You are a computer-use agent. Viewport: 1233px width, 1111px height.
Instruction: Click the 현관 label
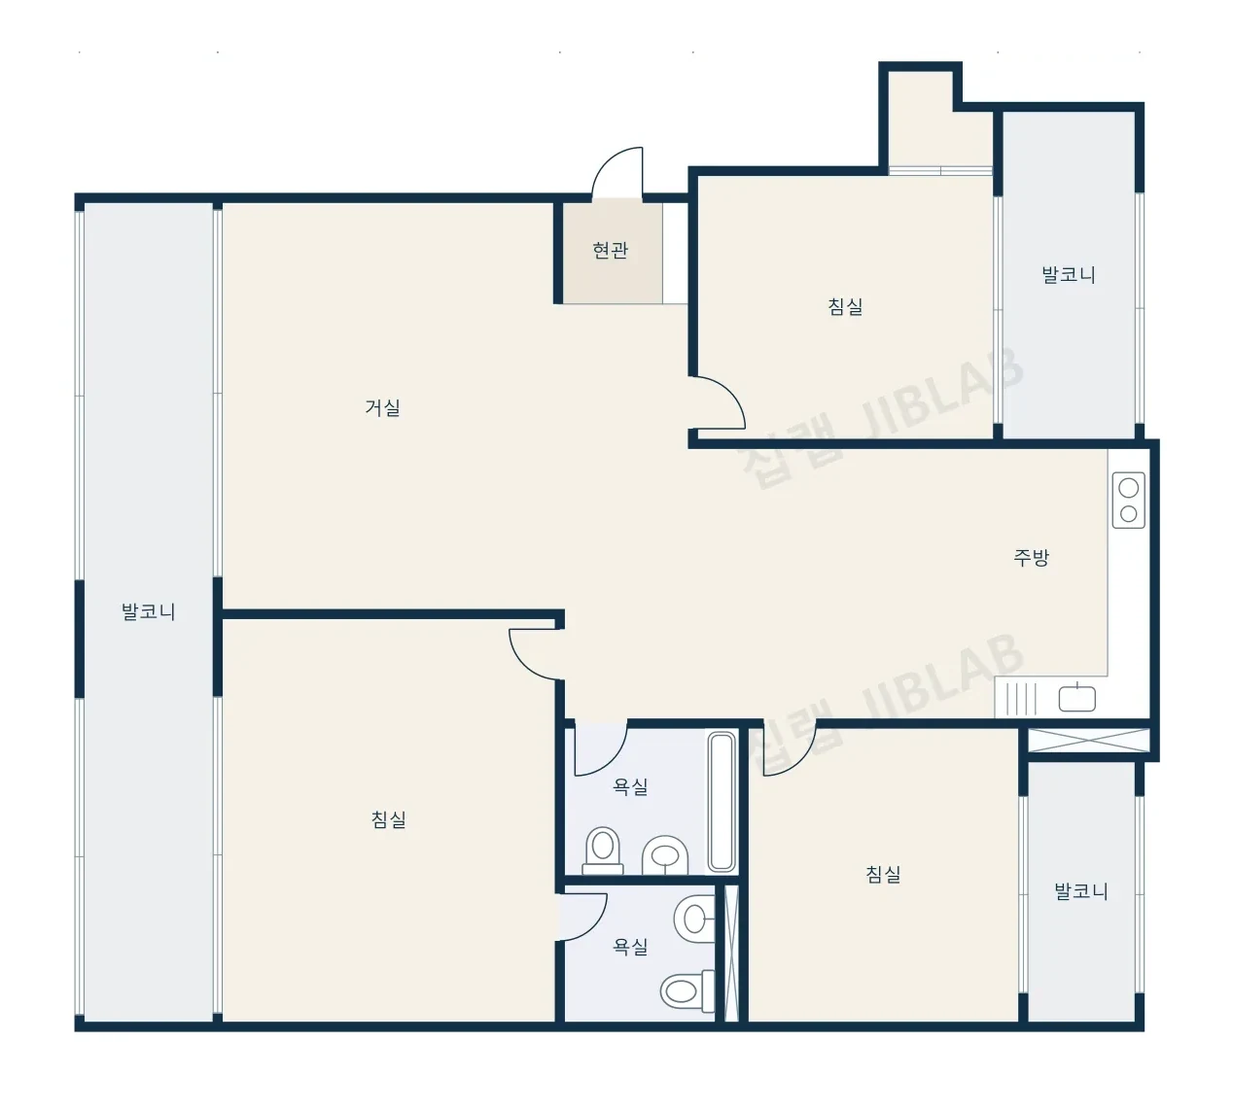610,250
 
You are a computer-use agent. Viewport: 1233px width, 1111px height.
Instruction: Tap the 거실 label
382,407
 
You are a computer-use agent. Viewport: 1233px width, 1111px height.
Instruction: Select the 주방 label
1031,557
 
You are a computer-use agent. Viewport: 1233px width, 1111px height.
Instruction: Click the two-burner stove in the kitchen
1129,501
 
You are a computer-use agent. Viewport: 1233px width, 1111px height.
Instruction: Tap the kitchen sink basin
1076,699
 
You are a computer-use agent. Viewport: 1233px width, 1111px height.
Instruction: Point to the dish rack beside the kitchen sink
1021,699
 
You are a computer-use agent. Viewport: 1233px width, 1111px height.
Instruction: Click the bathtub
722,802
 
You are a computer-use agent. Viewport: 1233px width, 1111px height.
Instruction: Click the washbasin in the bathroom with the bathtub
665,854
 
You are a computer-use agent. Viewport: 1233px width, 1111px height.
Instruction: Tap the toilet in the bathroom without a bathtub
687,990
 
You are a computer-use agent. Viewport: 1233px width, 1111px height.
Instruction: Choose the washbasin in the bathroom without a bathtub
694,919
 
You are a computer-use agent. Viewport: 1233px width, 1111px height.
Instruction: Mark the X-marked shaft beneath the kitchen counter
1088,740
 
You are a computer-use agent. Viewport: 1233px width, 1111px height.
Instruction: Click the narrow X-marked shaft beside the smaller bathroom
731,954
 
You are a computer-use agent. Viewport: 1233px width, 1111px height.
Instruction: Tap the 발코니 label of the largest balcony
148,612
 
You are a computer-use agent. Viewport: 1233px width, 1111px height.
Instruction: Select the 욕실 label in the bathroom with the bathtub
631,786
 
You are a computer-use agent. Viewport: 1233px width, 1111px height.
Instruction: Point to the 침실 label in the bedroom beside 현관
845,306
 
